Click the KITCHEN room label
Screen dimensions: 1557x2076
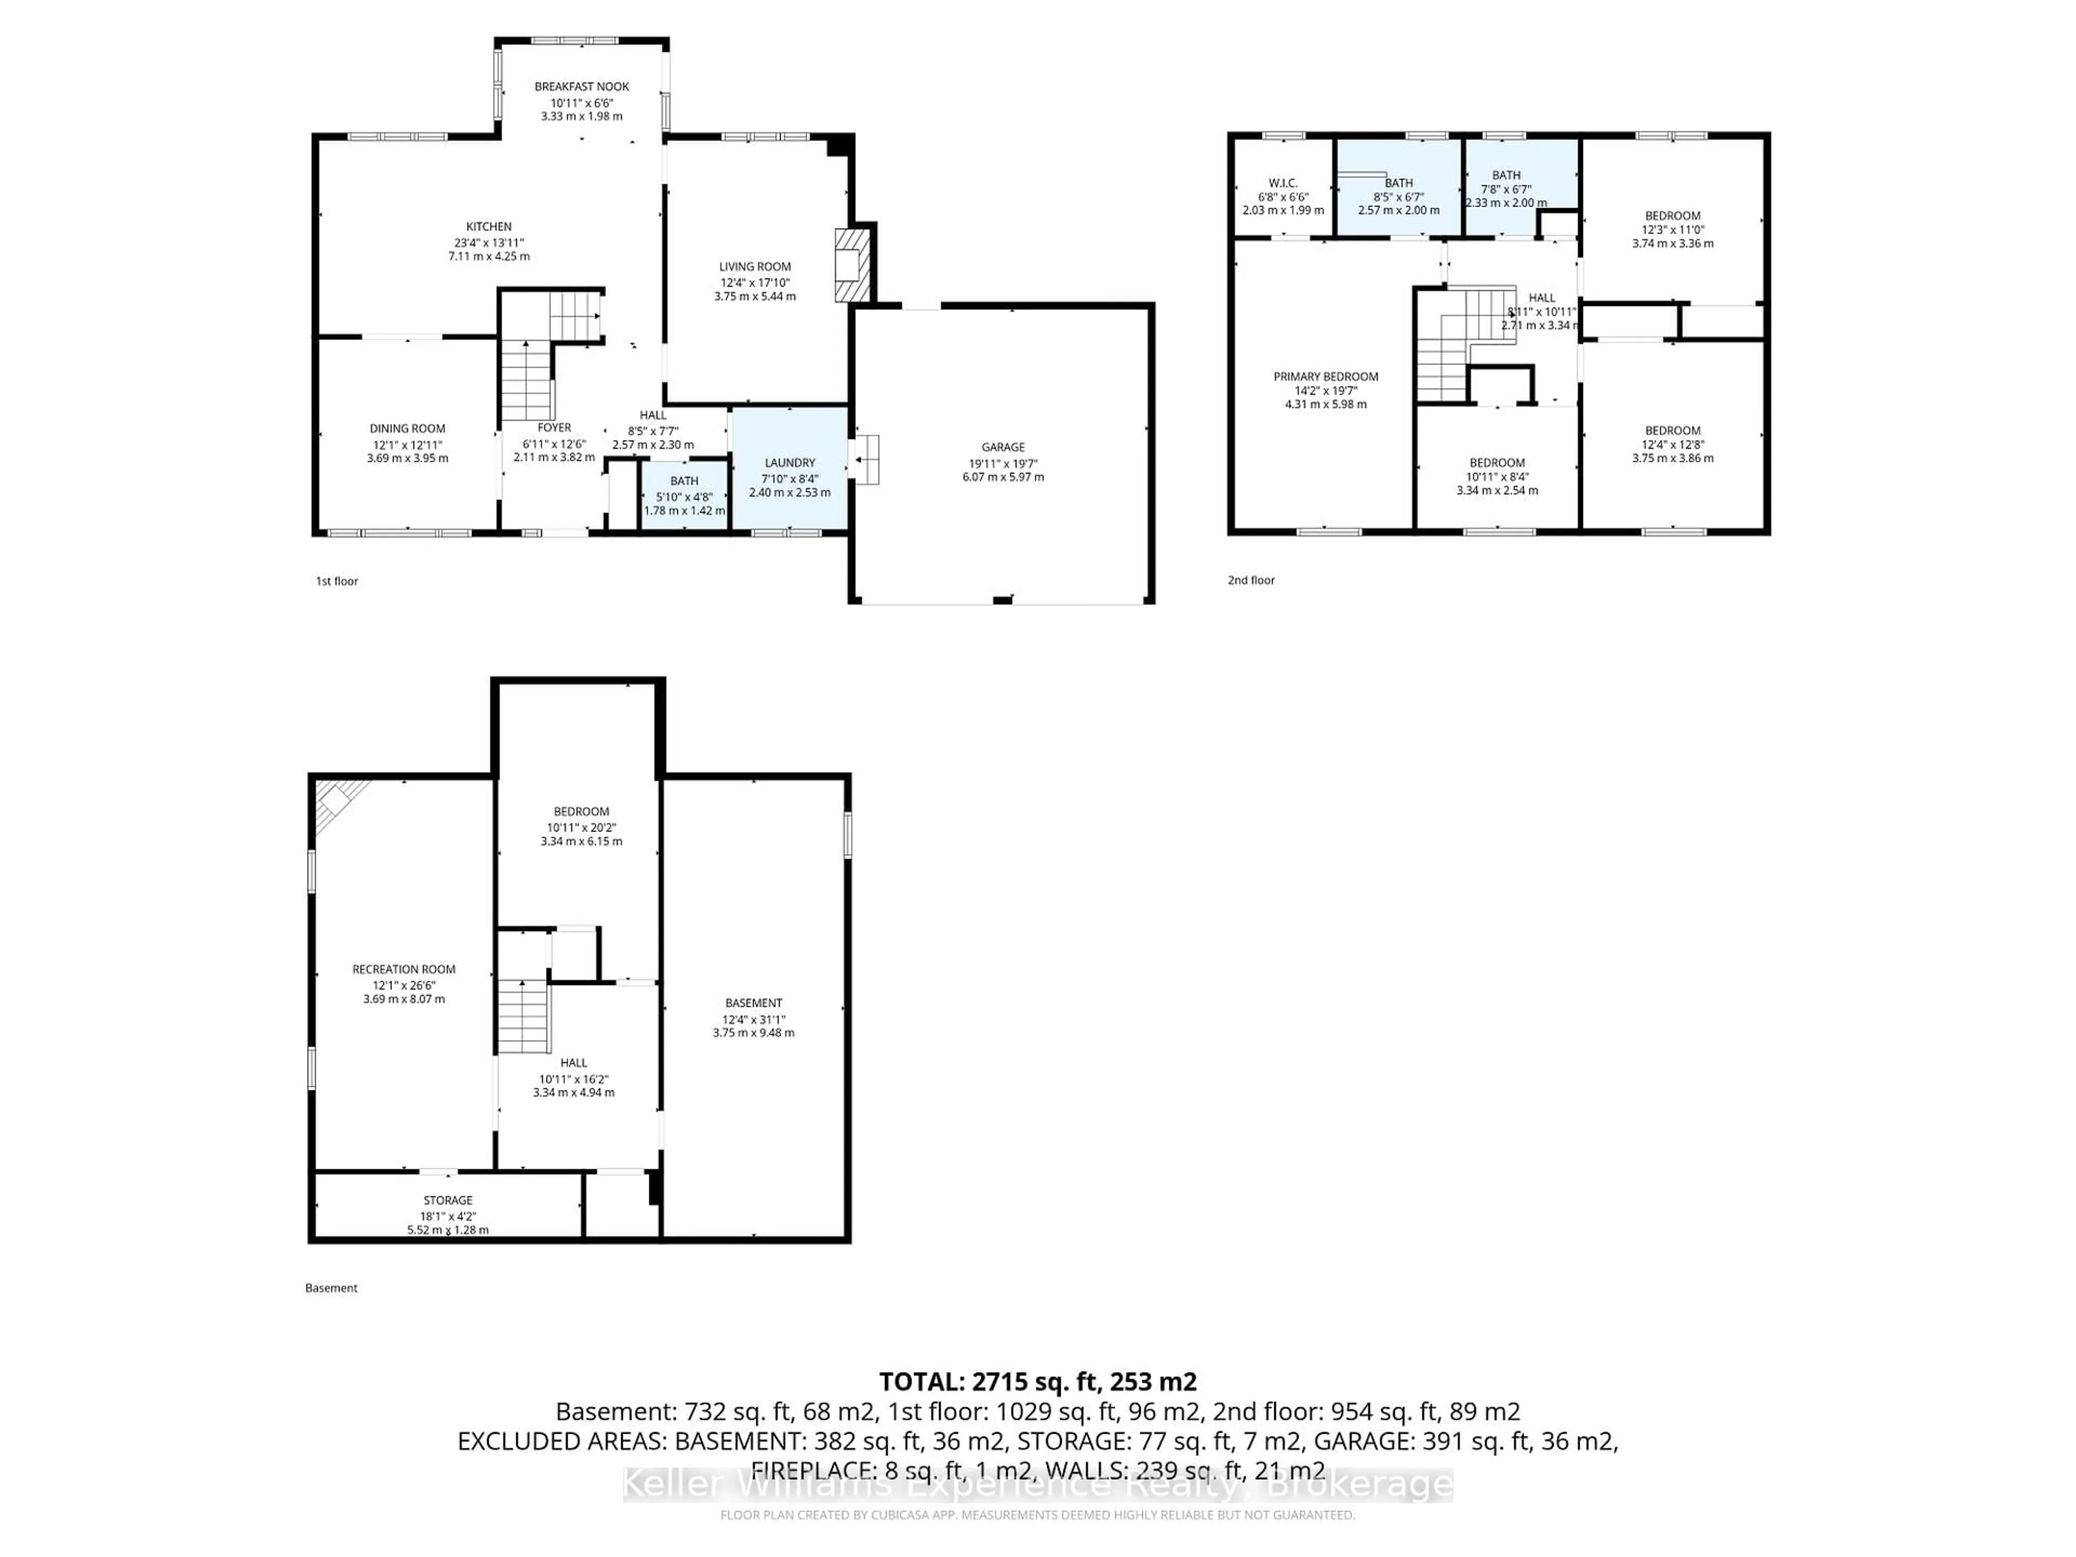(x=489, y=226)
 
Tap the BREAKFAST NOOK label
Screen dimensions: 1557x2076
(x=581, y=86)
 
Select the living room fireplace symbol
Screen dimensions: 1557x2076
(x=851, y=265)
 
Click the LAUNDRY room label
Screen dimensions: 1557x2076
(x=789, y=463)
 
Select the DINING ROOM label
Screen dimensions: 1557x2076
(x=407, y=429)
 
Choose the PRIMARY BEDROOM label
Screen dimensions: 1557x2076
(x=1325, y=376)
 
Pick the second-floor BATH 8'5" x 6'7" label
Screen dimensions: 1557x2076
(x=1399, y=183)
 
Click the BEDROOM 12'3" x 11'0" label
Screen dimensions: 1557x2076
(x=1673, y=216)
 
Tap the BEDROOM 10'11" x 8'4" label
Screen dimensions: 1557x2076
(x=1497, y=463)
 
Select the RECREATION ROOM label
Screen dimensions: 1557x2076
(x=403, y=969)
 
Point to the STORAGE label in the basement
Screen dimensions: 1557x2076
(x=448, y=1200)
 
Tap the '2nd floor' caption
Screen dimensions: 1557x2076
(x=1251, y=580)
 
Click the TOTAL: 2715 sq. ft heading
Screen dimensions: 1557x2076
(x=1037, y=1381)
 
